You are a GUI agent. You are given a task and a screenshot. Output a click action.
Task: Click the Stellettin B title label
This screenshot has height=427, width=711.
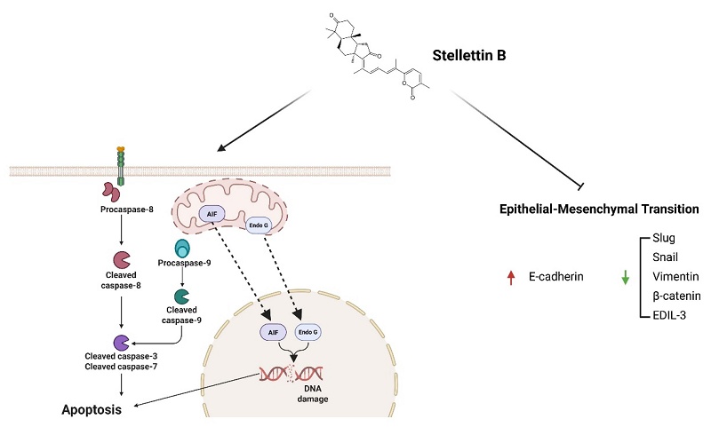469,55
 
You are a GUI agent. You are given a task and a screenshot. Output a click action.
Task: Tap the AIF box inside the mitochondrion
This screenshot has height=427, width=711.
212,214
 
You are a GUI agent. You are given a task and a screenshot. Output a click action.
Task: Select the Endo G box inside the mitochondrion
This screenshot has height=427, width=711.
259,225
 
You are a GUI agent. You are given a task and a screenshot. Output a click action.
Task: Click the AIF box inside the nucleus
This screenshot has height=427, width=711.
273,332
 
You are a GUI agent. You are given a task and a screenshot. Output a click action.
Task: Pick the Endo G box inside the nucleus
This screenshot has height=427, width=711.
308,332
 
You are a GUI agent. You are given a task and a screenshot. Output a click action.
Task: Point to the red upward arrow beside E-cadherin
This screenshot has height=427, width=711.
511,277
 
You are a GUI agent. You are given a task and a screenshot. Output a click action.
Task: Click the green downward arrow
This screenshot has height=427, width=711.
626,277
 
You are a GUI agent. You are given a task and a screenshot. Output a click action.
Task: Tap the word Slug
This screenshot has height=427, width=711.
663,238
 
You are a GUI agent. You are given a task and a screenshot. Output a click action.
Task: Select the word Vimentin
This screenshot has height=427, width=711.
675,276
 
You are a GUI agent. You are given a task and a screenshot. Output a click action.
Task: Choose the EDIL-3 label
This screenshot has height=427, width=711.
669,315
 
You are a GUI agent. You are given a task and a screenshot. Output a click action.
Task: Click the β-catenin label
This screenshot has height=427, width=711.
676,297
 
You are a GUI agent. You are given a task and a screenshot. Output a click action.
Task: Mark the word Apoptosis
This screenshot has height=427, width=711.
92,410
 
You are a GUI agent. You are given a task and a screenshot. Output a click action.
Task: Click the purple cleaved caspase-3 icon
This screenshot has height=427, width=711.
121,343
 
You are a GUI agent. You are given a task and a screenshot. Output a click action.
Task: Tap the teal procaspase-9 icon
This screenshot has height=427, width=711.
182,249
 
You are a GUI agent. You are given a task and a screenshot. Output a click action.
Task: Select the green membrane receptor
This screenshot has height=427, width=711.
121,166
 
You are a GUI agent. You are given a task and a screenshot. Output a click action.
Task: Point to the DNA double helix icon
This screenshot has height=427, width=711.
292,374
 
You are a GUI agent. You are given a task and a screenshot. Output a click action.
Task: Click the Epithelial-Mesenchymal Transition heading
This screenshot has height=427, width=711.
599,210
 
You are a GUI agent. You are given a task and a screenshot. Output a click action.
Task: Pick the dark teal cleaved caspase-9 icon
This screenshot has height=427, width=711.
181,297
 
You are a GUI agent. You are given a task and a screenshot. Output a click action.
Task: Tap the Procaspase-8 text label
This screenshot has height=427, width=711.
127,210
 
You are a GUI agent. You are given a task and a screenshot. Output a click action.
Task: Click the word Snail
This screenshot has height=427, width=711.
665,257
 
